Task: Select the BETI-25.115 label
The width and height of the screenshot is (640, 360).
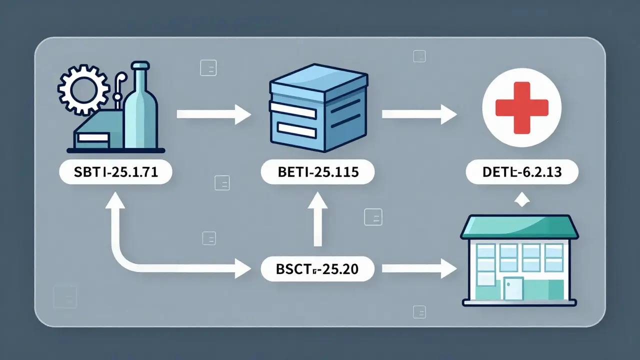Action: (317, 173)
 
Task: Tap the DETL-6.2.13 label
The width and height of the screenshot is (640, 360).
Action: (521, 173)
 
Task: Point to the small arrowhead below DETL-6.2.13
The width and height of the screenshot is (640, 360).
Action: (521, 200)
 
